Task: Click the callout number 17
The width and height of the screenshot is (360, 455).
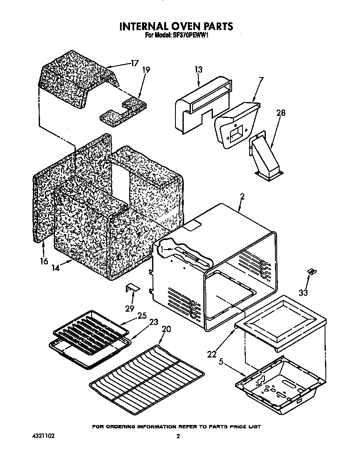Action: (x=134, y=63)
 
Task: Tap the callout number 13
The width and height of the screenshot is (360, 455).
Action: (x=198, y=70)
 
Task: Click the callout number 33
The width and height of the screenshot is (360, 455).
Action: (x=303, y=293)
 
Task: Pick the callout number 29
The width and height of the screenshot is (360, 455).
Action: (x=130, y=308)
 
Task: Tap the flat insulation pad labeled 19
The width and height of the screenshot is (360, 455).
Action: (x=121, y=110)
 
